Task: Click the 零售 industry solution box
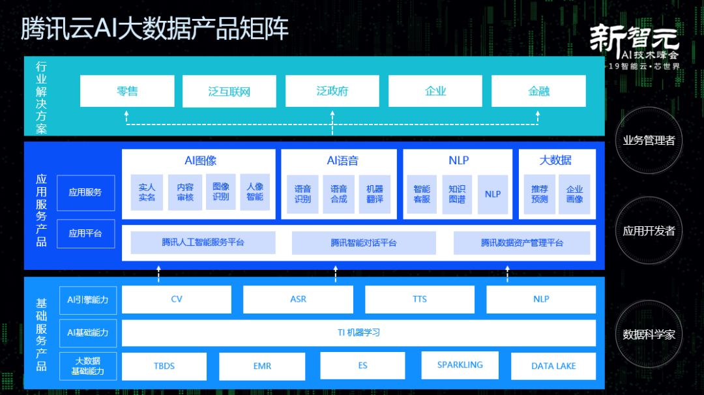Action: coord(127,91)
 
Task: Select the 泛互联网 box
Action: coord(229,91)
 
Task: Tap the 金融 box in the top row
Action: coord(538,91)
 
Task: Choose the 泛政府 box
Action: coord(332,91)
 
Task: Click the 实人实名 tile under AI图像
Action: coord(147,194)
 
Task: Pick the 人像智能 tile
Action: coord(255,194)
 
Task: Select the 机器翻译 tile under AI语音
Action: coord(375,194)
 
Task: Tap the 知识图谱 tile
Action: coord(457,194)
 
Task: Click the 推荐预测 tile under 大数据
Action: coord(539,194)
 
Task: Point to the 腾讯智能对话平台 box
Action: coord(363,242)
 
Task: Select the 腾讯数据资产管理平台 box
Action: coord(522,242)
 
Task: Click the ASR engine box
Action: coord(298,299)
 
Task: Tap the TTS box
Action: coord(420,299)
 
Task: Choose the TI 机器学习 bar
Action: coord(359,332)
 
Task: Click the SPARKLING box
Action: coord(460,365)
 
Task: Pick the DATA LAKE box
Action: coord(553,366)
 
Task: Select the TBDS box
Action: coord(164,366)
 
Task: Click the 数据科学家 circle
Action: coord(649,334)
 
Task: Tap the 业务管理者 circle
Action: coord(649,140)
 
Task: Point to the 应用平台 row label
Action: coord(85,233)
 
